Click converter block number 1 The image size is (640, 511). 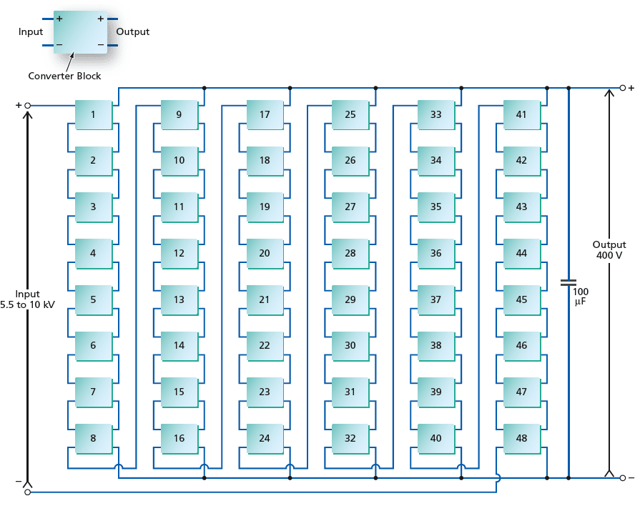93,114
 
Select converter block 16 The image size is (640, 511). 179,438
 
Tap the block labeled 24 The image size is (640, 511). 265,438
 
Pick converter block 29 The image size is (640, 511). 350,299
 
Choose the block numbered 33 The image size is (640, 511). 436,114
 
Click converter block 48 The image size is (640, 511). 521,438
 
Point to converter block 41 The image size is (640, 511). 521,114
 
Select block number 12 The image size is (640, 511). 179,253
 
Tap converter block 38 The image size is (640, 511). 436,346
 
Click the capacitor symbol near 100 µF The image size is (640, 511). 568,282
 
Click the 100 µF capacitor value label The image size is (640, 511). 581,297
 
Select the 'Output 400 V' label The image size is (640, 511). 610,249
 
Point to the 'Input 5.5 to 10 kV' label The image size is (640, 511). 28,299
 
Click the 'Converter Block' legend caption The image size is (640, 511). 64,76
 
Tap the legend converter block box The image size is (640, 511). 79,32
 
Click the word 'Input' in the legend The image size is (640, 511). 31,32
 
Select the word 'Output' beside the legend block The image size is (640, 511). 132,32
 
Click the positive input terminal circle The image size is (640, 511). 28,106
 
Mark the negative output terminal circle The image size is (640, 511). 623,477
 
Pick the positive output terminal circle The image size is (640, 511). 623,89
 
